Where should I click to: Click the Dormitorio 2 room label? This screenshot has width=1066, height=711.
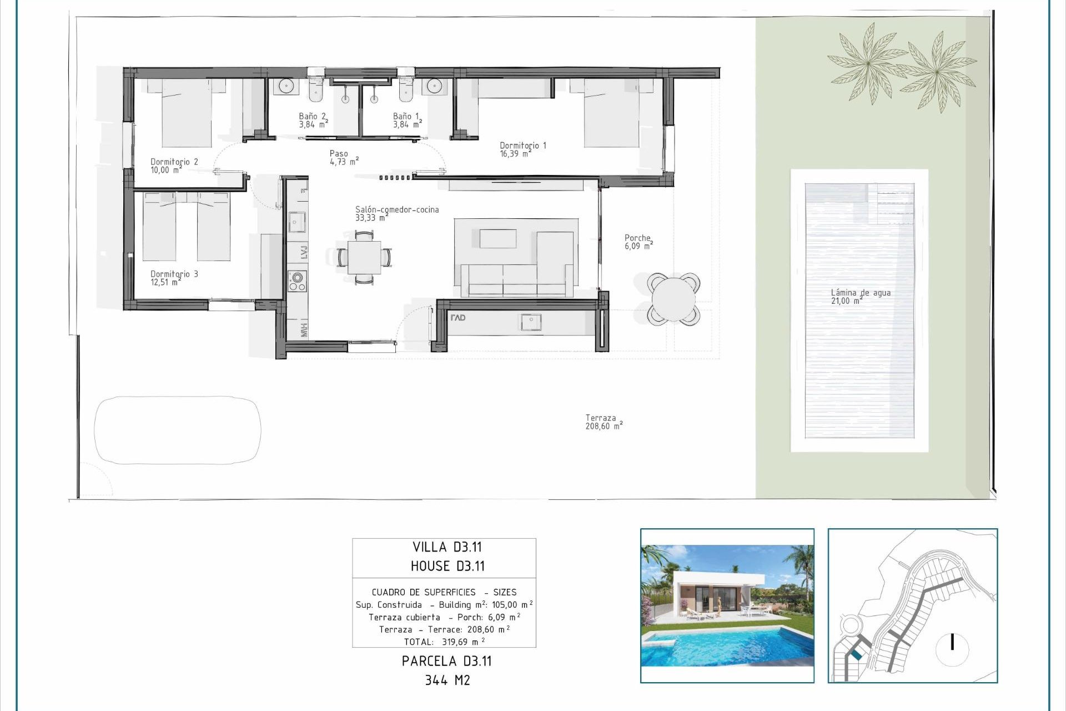(x=174, y=166)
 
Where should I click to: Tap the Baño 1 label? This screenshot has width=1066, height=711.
(x=406, y=120)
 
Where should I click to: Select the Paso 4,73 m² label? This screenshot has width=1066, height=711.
(x=343, y=157)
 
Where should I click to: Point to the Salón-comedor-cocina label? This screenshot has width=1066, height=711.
(x=396, y=213)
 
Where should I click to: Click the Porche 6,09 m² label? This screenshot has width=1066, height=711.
(x=638, y=242)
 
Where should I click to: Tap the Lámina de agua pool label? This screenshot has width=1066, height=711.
(x=860, y=297)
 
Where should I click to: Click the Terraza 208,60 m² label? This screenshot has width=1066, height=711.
(x=603, y=422)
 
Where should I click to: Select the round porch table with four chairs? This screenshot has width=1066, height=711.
(x=673, y=298)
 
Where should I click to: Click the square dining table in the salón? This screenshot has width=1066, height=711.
(x=364, y=257)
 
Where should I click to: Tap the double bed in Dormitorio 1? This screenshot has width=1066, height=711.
(x=611, y=114)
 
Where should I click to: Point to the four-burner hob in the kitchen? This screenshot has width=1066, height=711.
(x=297, y=281)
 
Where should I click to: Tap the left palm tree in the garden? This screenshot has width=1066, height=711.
(x=867, y=63)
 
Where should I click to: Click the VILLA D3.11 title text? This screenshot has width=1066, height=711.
(x=446, y=547)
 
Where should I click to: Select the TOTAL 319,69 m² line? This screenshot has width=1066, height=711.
(x=444, y=642)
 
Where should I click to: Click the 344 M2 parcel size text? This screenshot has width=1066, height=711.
(x=447, y=680)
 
